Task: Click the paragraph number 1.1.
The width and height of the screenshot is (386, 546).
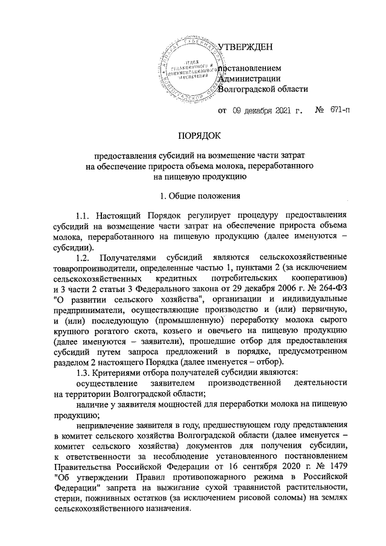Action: tap(84, 215)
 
